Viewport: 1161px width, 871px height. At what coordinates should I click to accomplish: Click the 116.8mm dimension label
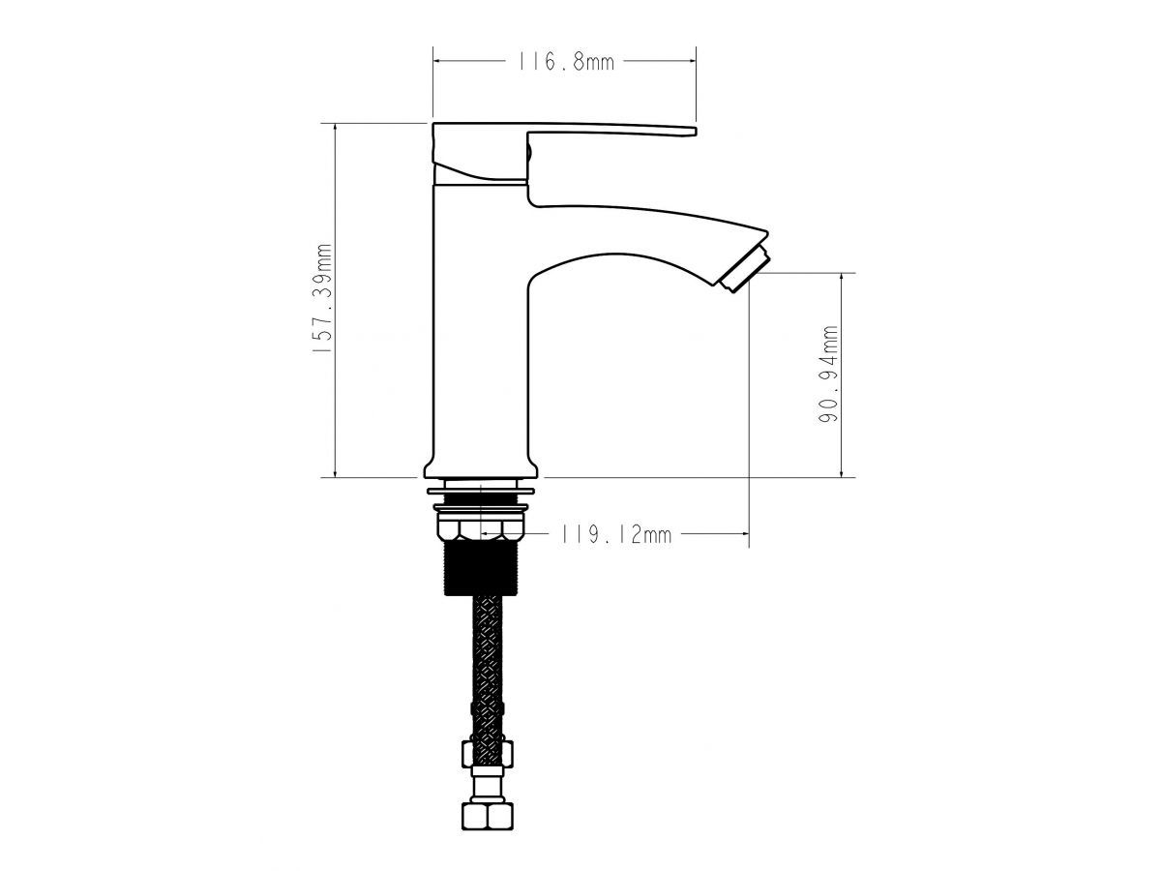tap(565, 62)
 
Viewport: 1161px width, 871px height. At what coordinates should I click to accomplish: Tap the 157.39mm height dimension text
tap(323, 299)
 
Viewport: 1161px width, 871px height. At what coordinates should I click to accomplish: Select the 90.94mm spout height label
tap(828, 374)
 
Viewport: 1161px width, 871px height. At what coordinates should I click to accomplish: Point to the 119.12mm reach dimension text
tap(615, 534)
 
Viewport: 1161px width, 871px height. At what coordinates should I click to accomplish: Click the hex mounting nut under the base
tap(480, 528)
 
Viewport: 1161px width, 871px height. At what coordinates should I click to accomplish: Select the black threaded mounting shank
tap(480, 568)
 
